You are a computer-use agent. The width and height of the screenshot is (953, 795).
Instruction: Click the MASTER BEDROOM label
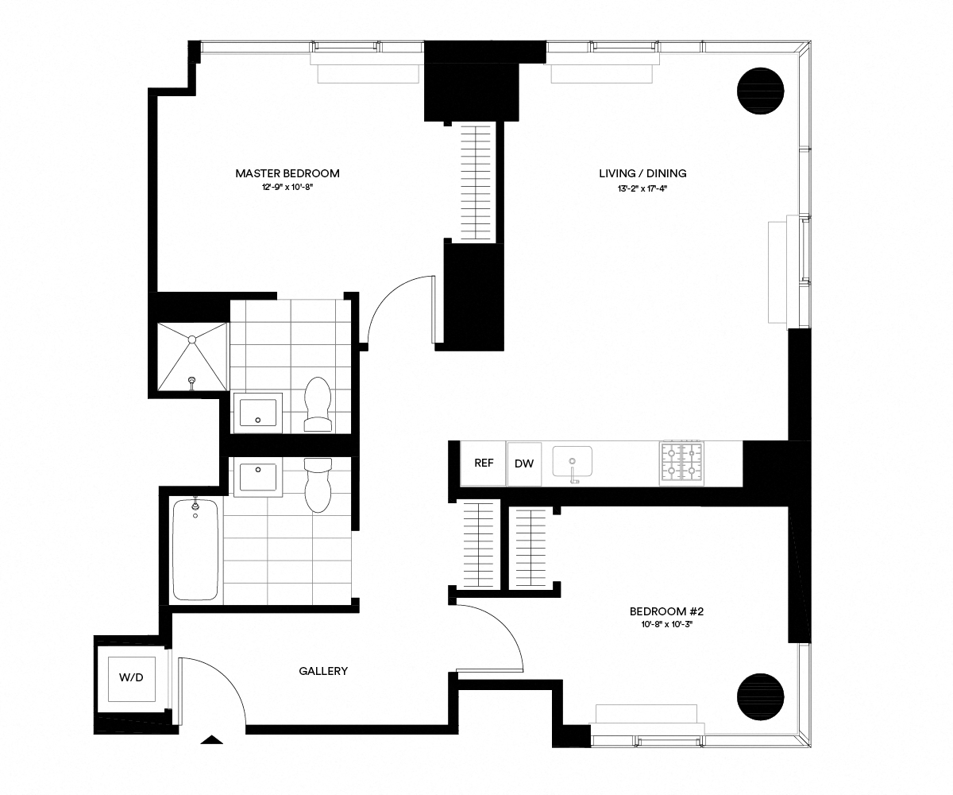(x=287, y=173)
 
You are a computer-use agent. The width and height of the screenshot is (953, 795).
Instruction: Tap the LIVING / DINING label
(x=642, y=173)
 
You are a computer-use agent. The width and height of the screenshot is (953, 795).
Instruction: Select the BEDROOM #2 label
(x=666, y=611)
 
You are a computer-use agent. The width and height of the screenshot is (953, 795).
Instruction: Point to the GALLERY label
(x=323, y=671)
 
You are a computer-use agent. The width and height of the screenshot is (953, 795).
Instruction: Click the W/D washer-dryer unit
(x=132, y=677)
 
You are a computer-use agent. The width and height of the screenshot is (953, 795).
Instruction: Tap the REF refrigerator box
(x=484, y=463)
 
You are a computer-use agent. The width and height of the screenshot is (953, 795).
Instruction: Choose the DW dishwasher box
(x=524, y=463)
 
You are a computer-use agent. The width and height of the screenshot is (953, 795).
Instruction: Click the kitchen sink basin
(x=572, y=460)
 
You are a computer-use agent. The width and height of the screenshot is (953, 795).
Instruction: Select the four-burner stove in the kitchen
(x=681, y=462)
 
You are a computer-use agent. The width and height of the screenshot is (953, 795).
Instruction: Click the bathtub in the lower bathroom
(x=195, y=549)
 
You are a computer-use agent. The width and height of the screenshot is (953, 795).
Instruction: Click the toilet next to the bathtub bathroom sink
(x=318, y=484)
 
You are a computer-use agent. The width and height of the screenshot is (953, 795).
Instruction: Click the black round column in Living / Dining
(x=762, y=91)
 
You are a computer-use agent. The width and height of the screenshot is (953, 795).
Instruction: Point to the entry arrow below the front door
(x=211, y=740)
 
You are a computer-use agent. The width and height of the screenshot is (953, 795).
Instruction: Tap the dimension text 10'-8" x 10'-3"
(x=666, y=625)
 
